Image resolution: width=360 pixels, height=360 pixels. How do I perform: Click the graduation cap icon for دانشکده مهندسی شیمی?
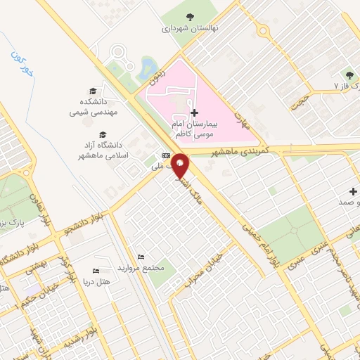click(93, 91)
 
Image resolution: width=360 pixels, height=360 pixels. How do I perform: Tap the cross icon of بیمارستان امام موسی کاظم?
click(194, 112)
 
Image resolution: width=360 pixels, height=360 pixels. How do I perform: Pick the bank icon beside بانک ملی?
click(166, 155)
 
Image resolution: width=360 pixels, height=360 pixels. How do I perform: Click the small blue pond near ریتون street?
click(148, 67)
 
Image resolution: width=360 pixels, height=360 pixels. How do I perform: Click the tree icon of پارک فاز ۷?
click(349, 75)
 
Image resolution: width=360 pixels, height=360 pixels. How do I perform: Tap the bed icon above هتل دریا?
click(96, 271)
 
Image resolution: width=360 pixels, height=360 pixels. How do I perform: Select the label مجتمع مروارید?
click(143, 269)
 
